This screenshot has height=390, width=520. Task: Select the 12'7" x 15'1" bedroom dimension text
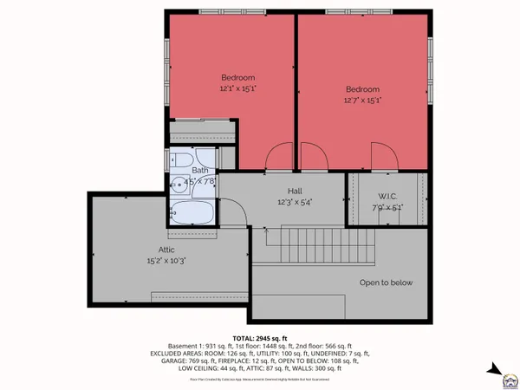[x=362, y=101]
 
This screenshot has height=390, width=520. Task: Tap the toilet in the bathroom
[x=201, y=159]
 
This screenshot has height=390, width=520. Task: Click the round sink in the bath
[x=177, y=182]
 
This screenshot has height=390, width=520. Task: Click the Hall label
[x=294, y=191]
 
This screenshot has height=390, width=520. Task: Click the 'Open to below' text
[x=387, y=283]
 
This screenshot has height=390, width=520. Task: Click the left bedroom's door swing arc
[x=283, y=156]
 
